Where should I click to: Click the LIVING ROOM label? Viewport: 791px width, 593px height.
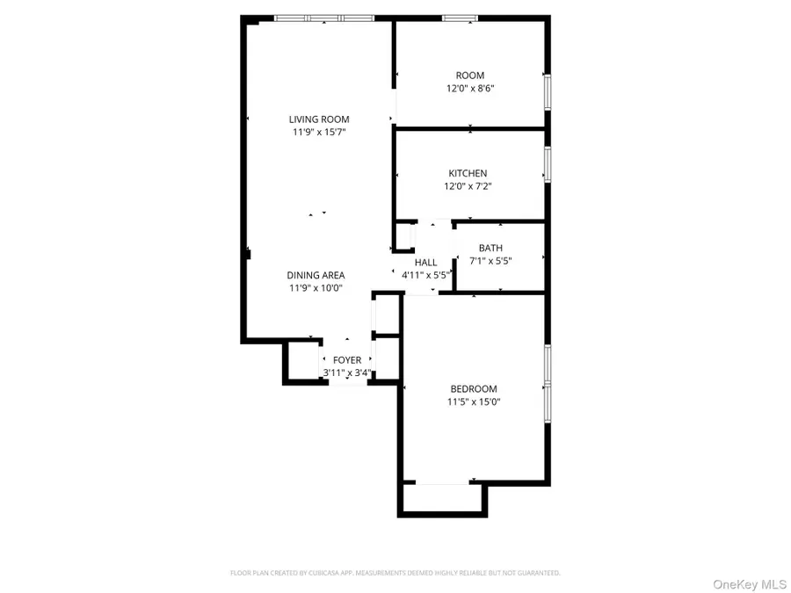point(319,119)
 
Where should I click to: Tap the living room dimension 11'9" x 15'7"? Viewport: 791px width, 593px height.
point(319,133)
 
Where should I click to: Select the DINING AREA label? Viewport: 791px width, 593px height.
point(315,274)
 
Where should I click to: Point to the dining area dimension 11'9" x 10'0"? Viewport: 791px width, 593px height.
point(315,287)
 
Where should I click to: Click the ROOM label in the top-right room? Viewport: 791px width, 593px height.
point(469,76)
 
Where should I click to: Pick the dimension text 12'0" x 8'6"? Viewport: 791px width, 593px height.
point(469,89)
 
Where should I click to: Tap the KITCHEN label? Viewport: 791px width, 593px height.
point(468,173)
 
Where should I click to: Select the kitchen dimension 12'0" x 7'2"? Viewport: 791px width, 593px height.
point(468,186)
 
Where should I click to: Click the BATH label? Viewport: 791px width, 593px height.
point(490,248)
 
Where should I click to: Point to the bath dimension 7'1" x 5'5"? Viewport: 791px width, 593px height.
point(490,261)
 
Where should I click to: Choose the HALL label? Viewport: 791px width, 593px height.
point(425,262)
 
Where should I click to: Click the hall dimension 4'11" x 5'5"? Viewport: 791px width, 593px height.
point(425,275)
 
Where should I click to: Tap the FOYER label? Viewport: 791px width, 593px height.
point(346,360)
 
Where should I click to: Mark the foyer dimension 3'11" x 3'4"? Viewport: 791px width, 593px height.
point(346,373)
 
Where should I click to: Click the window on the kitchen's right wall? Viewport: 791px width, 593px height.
point(548,163)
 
